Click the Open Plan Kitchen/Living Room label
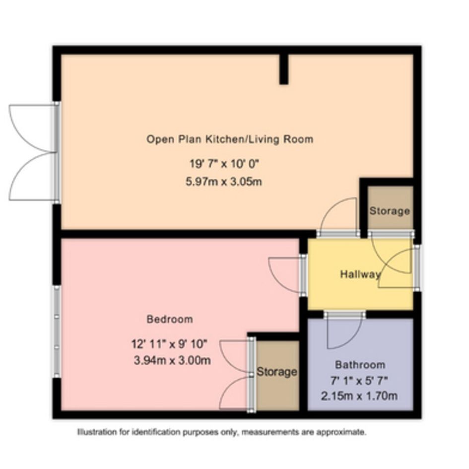[x=230, y=139]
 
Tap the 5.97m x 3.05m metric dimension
[x=224, y=182]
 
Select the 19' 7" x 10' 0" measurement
[x=224, y=164]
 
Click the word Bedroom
[x=170, y=319]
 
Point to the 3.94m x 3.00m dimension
[x=172, y=360]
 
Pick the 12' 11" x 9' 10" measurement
[x=169, y=344]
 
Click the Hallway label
[x=360, y=274]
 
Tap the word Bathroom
[x=360, y=365]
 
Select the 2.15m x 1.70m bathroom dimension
[x=359, y=397]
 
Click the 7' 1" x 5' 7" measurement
[x=359, y=381]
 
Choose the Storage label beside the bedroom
[x=277, y=372]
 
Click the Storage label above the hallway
[x=390, y=211]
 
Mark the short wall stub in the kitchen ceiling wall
[x=284, y=69]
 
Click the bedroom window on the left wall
[x=57, y=332]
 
